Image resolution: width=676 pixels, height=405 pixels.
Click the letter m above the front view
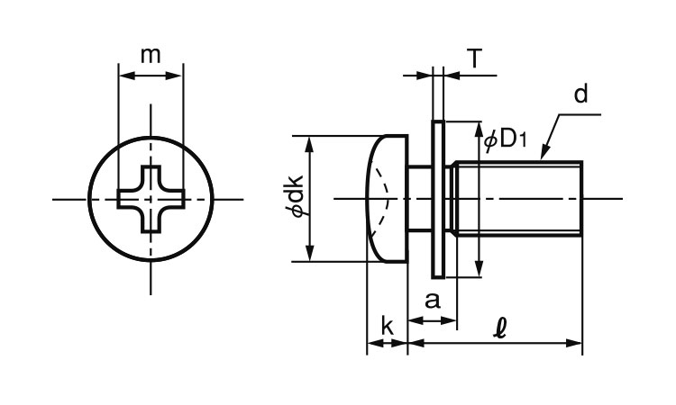[x=151, y=56]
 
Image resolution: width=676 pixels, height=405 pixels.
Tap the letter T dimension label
[x=474, y=58]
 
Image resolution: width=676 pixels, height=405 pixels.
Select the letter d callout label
[x=581, y=94]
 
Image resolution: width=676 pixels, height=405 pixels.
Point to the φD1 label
[x=506, y=139]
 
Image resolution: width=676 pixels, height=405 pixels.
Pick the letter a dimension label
[x=433, y=301]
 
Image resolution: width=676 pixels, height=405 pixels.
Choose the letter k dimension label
[x=388, y=326]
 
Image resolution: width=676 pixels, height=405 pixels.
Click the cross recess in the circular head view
[x=151, y=199]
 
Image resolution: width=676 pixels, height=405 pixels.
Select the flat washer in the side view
[x=437, y=199]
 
